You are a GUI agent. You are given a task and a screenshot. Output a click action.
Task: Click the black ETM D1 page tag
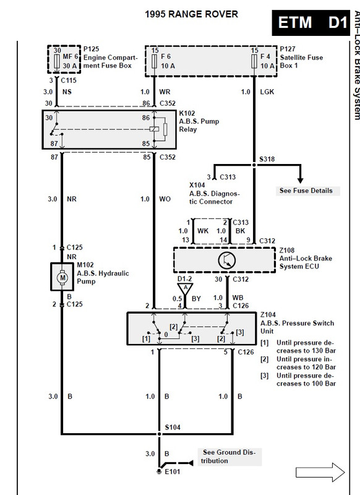point(311,23)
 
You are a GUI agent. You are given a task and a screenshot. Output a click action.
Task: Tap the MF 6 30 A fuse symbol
point(57,61)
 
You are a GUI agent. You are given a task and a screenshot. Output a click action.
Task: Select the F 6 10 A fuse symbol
point(154,61)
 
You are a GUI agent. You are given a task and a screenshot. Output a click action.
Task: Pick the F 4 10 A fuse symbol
point(254,61)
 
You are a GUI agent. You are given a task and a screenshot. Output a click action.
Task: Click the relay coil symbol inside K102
point(154,129)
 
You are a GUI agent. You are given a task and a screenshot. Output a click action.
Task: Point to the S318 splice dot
point(254,165)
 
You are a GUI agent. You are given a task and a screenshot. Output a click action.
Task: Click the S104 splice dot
point(160,434)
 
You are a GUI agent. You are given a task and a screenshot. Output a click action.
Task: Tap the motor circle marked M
point(62,277)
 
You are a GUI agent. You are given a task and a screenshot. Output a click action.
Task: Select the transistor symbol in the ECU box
point(227,260)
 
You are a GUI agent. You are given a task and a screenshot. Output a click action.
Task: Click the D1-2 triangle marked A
point(185,288)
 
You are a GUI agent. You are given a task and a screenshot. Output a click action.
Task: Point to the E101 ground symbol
point(160,471)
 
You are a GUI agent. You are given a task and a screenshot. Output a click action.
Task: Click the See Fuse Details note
point(306,191)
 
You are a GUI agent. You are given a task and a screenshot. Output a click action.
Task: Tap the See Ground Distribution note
point(229,457)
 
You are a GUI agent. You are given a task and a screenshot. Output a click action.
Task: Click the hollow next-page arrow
point(320,472)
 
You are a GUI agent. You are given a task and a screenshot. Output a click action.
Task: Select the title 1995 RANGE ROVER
point(191,14)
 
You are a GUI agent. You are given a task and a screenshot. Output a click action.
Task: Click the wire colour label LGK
point(267,92)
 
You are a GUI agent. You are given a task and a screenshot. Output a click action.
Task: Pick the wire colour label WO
point(165,199)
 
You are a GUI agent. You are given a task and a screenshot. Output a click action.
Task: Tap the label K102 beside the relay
point(187,113)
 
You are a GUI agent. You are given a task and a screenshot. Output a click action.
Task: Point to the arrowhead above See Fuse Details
point(301,180)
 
